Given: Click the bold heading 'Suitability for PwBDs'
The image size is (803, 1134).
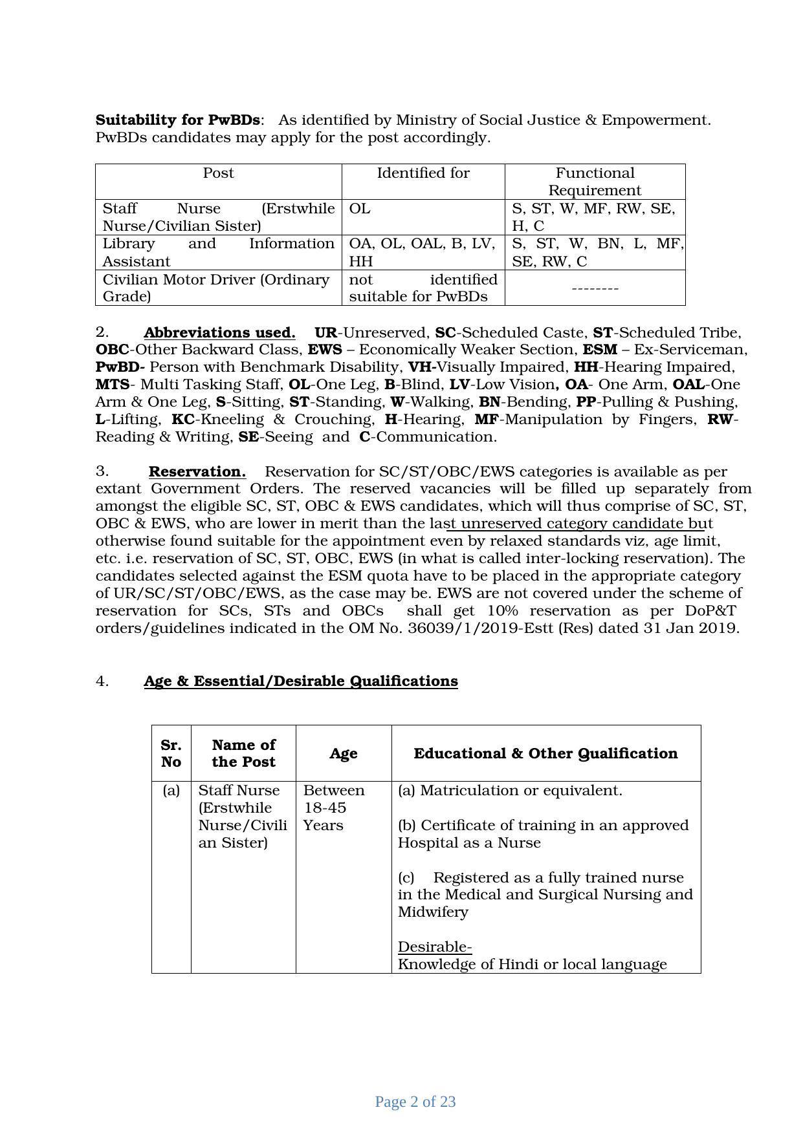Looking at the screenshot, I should pos(178,120).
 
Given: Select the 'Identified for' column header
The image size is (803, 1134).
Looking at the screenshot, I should pos(423,173).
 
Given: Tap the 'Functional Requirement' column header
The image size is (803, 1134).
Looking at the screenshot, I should pos(595,182).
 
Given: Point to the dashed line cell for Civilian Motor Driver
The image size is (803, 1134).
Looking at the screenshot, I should pos(595,288).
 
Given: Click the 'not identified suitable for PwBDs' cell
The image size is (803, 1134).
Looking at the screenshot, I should pos(423,288).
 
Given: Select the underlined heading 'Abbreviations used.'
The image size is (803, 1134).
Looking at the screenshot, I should pos(219,333).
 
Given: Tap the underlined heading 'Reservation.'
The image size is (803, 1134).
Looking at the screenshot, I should pos(197,472).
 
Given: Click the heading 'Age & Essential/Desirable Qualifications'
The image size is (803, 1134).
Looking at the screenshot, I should pos(300,681).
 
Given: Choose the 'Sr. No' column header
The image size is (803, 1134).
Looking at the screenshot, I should pos(171,754).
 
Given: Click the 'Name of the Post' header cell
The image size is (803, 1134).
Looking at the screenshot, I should pos(243,754).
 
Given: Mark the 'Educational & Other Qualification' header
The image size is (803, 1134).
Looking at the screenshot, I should pos(545,754).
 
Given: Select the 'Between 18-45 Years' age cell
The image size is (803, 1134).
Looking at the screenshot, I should pos(334,808).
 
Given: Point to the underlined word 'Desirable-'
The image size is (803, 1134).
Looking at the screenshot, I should pos(434,947).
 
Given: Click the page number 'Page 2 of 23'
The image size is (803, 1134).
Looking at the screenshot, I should pos(415,1102).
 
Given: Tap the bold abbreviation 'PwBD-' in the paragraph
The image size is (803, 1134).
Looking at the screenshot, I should pos(120,367).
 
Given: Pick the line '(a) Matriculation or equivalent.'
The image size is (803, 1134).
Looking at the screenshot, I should pos(510,791).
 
